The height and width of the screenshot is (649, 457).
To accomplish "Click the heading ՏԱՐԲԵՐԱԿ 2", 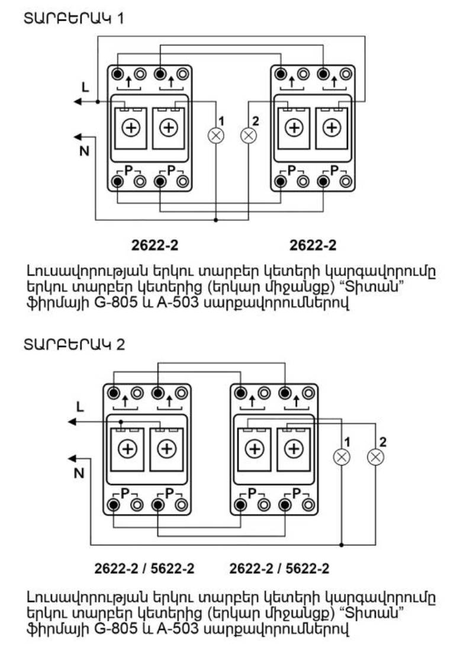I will [74, 344].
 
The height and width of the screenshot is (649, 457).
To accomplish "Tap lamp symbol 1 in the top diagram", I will [216, 136].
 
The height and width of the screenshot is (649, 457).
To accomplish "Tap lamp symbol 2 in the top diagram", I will [249, 136].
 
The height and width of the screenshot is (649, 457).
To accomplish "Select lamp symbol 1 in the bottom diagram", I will [342, 457].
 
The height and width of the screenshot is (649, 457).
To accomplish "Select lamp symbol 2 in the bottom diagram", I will [375, 457].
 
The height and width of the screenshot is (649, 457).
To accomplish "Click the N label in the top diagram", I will [84, 151].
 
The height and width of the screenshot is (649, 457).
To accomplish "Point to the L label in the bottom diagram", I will [81, 408].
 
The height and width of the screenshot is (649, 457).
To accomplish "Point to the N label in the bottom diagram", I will [79, 473].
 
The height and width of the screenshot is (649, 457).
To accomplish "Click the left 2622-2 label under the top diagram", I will [155, 244].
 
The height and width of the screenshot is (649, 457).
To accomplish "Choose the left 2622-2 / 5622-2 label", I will [144, 569].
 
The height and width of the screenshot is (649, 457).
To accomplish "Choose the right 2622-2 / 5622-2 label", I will [279, 569].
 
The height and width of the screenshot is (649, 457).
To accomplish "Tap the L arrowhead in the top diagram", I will [78, 102].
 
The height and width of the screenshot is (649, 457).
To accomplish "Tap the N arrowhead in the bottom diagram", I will [72, 458].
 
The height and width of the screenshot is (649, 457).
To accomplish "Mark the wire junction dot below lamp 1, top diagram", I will [216, 220].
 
